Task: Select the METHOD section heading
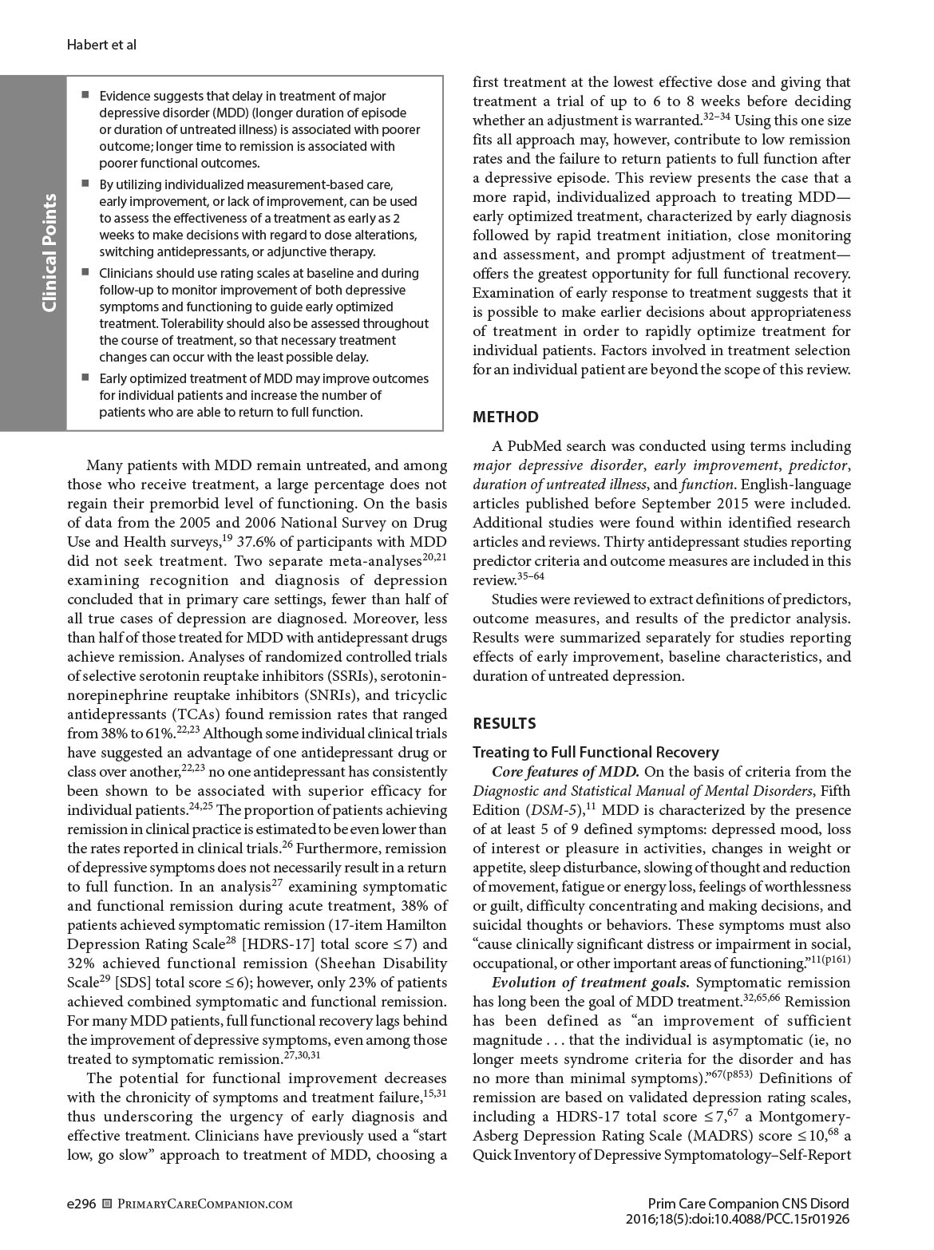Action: tap(505, 417)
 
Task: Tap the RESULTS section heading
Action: tap(505, 723)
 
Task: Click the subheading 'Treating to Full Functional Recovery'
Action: tap(596, 752)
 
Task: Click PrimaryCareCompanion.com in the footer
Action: tap(204, 1204)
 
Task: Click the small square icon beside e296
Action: tap(108, 1204)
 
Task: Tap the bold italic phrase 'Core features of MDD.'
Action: tap(565, 772)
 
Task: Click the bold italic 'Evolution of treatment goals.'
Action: tap(590, 983)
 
